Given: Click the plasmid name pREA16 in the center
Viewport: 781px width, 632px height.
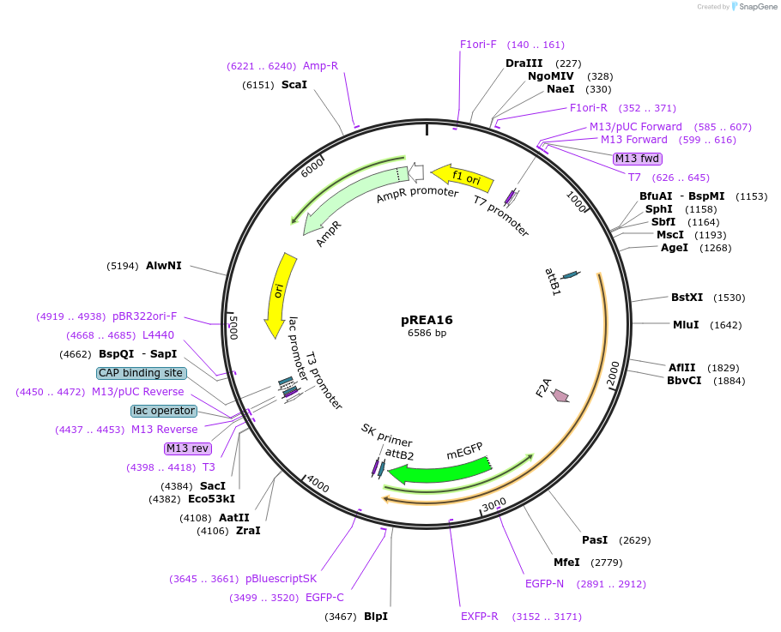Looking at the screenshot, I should pos(427,320).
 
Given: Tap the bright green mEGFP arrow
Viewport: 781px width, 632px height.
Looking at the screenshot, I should pos(438,472).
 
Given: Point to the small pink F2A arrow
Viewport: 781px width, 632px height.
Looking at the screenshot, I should pos(560,395).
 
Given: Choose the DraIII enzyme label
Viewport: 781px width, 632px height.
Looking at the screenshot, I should pos(524,63).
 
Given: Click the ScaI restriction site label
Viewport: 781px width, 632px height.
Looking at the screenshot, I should pos(294,85).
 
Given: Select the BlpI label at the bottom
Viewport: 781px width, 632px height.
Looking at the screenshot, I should pos(375,617).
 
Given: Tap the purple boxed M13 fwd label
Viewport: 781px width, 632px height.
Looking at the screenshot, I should pos(638,158).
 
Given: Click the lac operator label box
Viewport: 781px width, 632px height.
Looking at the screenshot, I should pos(164,411).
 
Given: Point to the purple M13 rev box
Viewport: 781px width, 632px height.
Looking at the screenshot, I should pos(187,448).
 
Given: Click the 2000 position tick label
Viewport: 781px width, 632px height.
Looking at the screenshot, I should pos(613,374).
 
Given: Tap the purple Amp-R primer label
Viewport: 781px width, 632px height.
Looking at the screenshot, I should pos(320,65).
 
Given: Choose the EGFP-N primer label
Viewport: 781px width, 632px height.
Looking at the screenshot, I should pos(544,583).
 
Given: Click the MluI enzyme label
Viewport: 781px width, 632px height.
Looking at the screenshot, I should pos(686,325).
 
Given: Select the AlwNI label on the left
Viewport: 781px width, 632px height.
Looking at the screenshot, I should pos(164,266).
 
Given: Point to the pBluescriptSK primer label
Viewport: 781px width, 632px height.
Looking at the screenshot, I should pos(281,578).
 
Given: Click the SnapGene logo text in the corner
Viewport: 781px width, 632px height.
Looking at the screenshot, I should pos(755,7).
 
